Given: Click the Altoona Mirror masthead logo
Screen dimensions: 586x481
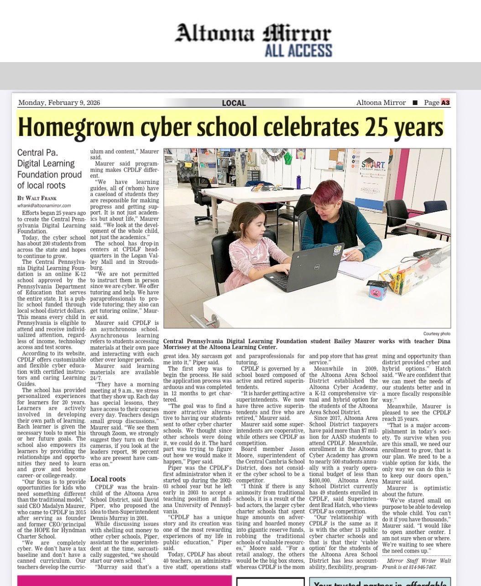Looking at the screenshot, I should coord(253,33).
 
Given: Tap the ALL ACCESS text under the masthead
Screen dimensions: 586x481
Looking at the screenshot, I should coord(298,50).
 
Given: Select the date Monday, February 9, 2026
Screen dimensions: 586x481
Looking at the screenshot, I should coord(59,103).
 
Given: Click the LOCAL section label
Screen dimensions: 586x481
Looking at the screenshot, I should coord(234,103).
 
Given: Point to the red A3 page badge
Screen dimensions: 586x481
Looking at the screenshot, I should coord(445,103).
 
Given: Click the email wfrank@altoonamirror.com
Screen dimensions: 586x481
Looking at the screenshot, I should coord(44,205).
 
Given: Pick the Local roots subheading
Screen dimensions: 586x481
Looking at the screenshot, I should coord(108,479).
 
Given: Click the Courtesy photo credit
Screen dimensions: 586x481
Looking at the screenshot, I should coord(436,334).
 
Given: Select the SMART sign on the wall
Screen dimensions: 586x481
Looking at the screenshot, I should coord(373,165).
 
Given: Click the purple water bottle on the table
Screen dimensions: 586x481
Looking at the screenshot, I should coord(298,182).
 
